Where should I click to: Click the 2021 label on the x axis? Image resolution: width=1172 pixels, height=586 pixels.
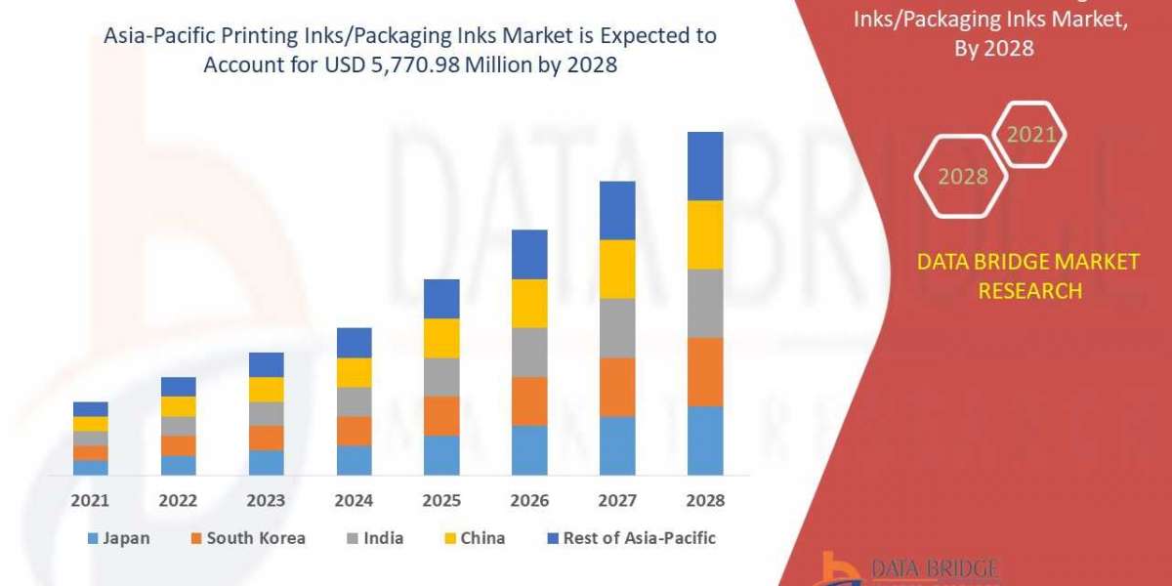[x=90, y=500]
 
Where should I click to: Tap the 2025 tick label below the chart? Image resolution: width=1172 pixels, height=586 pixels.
[x=441, y=500]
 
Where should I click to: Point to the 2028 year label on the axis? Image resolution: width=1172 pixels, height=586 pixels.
[x=705, y=500]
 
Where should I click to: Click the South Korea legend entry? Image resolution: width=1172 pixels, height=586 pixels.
[x=250, y=538]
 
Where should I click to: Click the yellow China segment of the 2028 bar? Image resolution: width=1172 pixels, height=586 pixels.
[x=705, y=234]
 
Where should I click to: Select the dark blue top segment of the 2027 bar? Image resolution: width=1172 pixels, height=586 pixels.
[x=617, y=210]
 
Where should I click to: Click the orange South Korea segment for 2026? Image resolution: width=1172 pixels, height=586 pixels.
[x=529, y=400]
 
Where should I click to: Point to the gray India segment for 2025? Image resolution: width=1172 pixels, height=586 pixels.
[x=441, y=376]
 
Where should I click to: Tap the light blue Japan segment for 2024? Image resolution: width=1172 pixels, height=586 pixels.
[x=354, y=460]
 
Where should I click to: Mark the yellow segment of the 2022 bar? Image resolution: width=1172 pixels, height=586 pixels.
[x=178, y=406]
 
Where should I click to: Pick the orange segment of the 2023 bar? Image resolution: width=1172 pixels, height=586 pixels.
[x=266, y=438]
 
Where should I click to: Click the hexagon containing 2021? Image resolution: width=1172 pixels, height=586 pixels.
[x=1029, y=135]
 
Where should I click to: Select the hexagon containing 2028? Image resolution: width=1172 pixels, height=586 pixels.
[x=961, y=177]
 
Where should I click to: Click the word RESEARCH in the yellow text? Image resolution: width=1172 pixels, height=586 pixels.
[x=1029, y=291]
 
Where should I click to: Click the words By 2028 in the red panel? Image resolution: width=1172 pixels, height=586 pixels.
[x=993, y=47]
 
